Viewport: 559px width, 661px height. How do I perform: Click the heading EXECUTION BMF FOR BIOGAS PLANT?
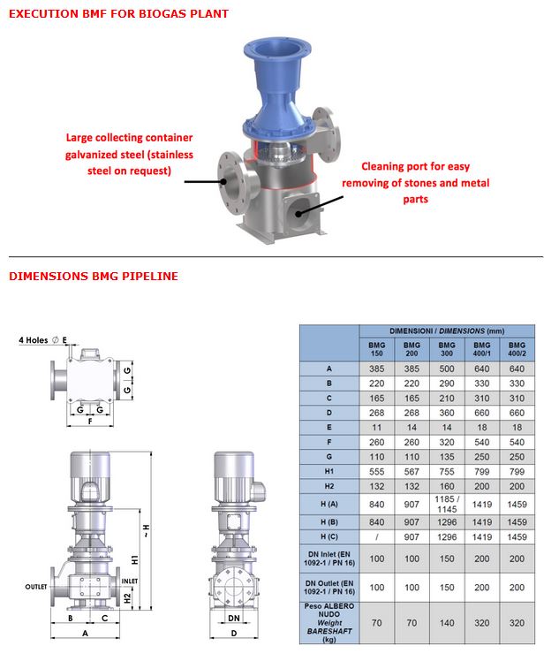click(118, 14)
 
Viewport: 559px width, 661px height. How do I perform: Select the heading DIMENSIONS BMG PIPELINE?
click(94, 276)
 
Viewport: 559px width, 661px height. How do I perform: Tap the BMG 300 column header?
click(447, 349)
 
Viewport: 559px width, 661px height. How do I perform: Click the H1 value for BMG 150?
click(376, 472)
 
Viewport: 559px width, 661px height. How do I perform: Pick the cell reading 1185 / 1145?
click(447, 505)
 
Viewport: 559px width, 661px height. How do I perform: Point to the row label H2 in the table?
click(329, 486)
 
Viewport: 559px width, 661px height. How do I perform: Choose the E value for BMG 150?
click(376, 428)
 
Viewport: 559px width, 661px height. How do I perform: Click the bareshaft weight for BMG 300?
click(447, 623)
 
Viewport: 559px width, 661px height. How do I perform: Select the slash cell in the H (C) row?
click(376, 537)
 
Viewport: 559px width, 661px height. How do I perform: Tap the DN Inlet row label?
click(329, 558)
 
